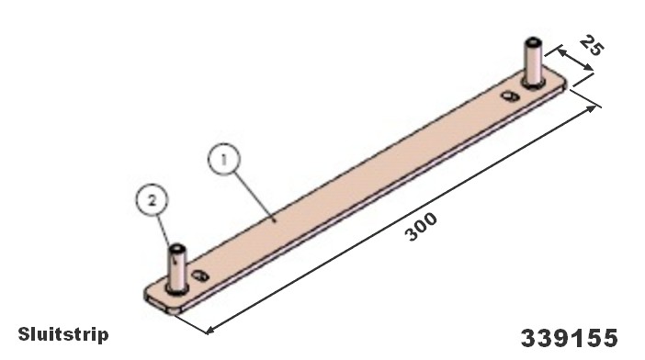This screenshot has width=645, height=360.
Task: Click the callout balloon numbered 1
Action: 224,159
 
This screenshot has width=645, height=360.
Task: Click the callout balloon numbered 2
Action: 153,201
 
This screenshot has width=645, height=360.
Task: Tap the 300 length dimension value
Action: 421,227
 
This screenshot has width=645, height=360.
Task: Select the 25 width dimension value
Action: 592,46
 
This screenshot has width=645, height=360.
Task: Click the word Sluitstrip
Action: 63,334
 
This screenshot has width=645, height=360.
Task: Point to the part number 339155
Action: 570,338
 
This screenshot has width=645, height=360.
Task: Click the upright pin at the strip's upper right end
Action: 534,62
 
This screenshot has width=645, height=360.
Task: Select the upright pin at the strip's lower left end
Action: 177,269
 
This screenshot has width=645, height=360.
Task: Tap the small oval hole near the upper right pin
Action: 511,96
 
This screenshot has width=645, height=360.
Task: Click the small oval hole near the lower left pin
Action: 200,276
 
